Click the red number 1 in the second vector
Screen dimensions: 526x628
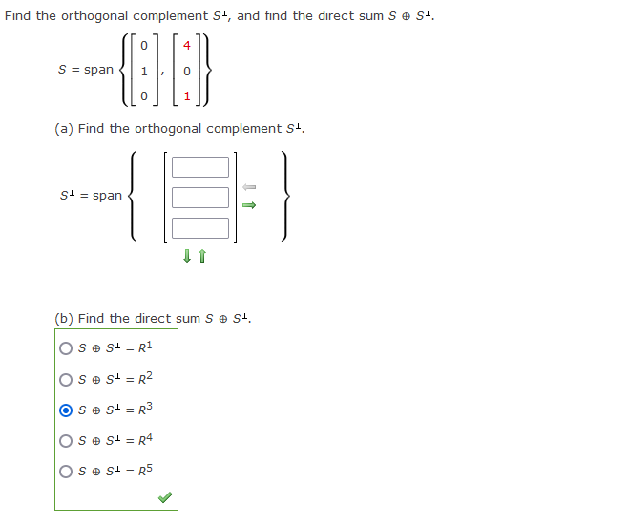tap(187, 96)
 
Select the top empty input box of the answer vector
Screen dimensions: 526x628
tap(200, 167)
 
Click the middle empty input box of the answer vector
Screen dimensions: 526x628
tap(200, 198)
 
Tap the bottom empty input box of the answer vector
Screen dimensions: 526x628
tap(200, 228)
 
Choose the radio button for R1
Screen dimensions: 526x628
tap(66, 348)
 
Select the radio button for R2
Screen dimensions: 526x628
tap(66, 379)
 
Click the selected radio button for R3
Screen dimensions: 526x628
tap(66, 410)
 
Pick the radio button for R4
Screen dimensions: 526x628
tap(66, 440)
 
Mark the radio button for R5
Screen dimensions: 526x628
tap(66, 471)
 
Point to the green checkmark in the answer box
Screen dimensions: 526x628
tap(165, 497)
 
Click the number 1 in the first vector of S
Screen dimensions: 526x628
tap(142, 71)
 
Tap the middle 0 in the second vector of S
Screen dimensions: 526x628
tap(187, 71)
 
